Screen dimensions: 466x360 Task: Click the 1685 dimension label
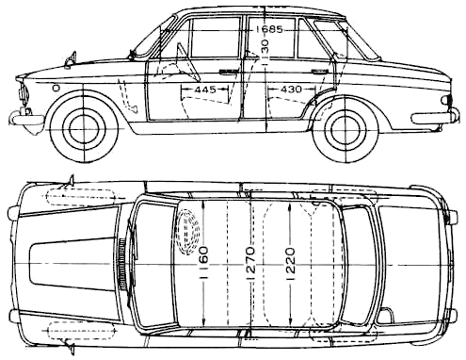(x=269, y=29)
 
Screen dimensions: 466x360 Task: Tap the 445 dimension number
(x=205, y=90)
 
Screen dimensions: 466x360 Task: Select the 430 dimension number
(x=291, y=90)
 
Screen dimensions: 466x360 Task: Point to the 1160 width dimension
(x=204, y=263)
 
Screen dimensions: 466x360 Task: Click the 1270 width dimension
(x=250, y=263)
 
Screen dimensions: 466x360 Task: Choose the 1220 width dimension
(x=290, y=264)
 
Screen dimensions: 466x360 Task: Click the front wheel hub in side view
(x=85, y=129)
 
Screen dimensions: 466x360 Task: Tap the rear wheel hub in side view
(x=345, y=129)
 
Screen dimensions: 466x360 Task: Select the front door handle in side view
(x=229, y=72)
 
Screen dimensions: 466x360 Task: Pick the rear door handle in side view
(x=321, y=71)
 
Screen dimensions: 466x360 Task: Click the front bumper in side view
(x=25, y=119)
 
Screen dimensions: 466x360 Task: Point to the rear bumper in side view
(x=435, y=118)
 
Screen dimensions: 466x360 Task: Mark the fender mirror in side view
(x=71, y=59)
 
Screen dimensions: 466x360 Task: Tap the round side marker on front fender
(x=56, y=88)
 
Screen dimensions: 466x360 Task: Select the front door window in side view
(x=215, y=38)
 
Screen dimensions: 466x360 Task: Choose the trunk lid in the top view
(x=409, y=264)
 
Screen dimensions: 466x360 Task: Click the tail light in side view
(x=446, y=100)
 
